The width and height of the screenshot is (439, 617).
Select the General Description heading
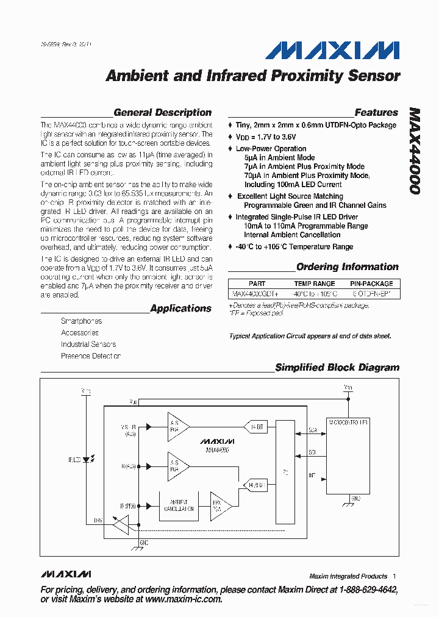pos(162,113)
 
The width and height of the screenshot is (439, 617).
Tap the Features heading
pos(376,113)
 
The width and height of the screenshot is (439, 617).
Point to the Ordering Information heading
pos(347,267)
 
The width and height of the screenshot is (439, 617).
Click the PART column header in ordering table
pos(257,284)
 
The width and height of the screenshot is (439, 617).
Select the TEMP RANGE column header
pos(314,284)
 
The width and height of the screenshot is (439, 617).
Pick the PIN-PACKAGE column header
pos(371,284)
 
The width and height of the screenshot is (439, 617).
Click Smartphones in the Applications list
pos(81,321)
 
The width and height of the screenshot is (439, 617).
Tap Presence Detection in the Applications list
pos(90,356)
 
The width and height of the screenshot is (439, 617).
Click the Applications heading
pos(180,308)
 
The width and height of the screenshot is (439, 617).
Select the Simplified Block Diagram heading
pos(337,368)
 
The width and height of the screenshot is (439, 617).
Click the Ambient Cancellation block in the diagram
pos(179,505)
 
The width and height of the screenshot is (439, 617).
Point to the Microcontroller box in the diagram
pos(348,456)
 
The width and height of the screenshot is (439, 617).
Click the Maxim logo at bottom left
pos(66,575)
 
